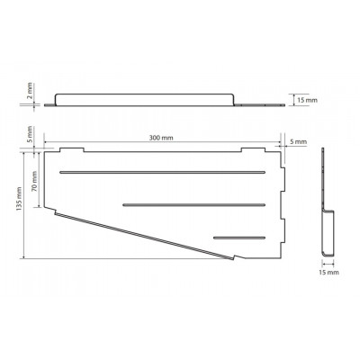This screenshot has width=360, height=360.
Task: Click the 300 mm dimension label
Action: tap(161, 138)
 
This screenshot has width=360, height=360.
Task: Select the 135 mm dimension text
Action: tap(19, 199)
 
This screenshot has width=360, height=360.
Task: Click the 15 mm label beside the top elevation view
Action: tap(307, 100)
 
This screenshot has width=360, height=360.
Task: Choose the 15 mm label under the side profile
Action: tap(328, 273)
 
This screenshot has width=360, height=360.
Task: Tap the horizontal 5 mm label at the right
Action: tap(298, 141)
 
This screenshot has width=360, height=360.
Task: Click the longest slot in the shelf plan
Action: tap(162, 172)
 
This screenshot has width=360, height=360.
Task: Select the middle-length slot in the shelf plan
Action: tap(194, 205)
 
